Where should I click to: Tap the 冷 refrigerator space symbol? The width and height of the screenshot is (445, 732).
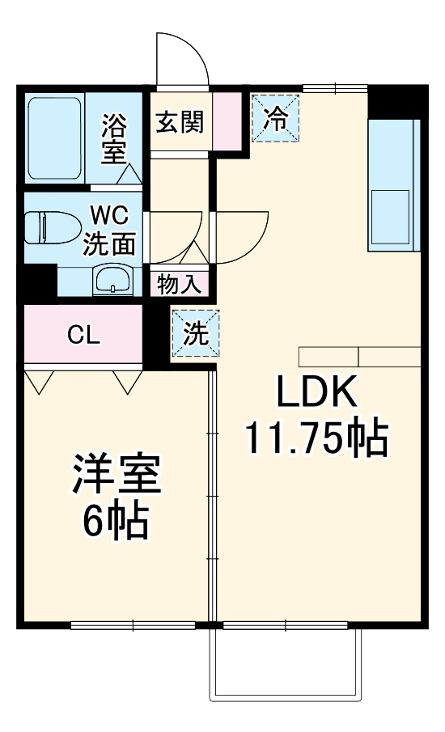(276, 118)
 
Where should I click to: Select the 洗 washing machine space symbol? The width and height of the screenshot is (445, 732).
(195, 334)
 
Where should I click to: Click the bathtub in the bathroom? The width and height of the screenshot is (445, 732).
(54, 138)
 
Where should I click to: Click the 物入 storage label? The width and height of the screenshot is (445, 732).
(180, 285)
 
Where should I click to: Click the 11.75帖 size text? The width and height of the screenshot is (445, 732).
(316, 439)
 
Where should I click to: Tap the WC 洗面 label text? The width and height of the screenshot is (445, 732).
(110, 231)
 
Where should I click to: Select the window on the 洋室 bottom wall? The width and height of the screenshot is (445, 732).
(133, 624)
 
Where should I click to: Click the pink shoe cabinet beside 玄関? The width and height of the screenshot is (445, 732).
(231, 121)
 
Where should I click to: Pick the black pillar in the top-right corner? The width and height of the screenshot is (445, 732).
(394, 101)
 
